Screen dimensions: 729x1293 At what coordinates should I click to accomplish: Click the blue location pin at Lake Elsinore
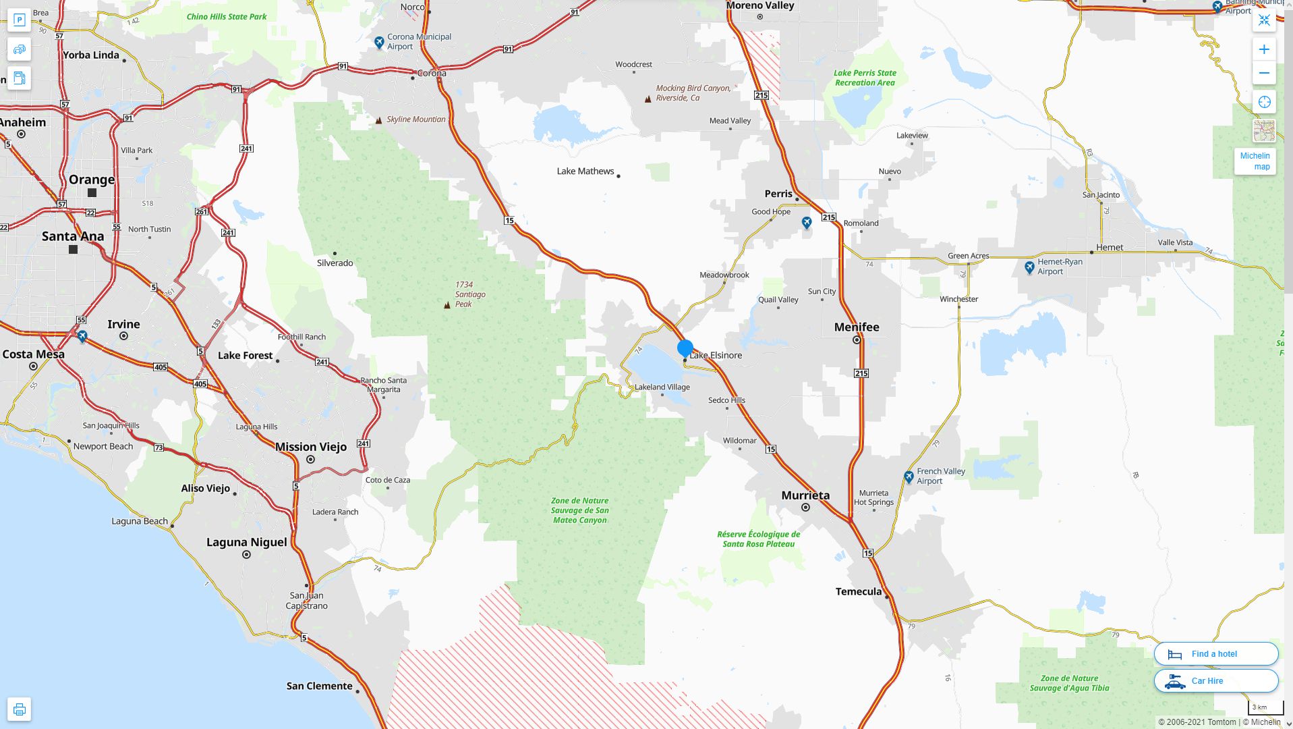[685, 348]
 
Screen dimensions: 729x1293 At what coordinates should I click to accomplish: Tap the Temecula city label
[858, 592]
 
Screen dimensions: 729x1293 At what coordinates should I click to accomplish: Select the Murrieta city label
[805, 495]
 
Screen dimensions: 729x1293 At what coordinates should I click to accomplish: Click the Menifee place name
[857, 327]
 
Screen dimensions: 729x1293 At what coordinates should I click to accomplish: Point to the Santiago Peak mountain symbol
[447, 305]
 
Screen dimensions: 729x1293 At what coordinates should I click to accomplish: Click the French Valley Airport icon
[909, 477]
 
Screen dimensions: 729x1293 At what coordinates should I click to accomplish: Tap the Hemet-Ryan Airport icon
[1029, 267]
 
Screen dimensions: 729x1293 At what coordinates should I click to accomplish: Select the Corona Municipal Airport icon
[379, 43]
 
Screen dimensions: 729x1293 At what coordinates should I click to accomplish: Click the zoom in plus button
[1264, 49]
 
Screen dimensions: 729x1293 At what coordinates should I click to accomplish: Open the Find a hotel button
[1215, 653]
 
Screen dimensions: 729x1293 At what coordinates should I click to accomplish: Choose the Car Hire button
[1215, 680]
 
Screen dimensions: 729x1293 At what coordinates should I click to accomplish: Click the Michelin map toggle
[1255, 161]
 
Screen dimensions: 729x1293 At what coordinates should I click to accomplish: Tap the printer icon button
[20, 709]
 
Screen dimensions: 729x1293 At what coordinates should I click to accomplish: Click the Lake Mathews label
[585, 171]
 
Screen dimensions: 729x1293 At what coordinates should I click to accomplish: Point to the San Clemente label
[319, 686]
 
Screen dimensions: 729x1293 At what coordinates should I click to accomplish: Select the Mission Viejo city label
[310, 447]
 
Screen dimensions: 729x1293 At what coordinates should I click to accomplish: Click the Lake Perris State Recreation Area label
[865, 78]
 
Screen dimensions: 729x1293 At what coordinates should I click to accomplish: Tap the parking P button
[20, 20]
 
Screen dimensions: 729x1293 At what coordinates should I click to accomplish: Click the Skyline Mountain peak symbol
[378, 120]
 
